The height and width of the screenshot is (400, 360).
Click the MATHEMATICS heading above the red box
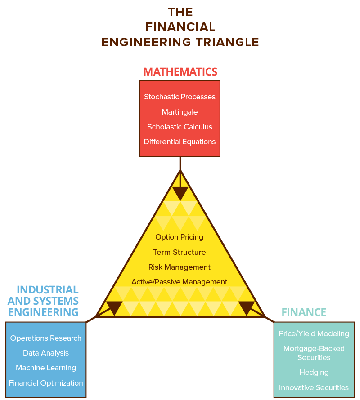pos(180,71)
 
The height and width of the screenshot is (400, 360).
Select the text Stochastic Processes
pos(180,97)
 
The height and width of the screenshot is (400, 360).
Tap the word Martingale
pos(180,112)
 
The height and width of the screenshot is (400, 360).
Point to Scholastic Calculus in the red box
pos(180,127)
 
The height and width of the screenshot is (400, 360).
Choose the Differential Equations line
pos(180,142)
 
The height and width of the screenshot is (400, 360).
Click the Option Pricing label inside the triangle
pos(179,237)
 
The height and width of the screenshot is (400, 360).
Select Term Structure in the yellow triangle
pos(179,252)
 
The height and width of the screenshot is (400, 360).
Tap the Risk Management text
pos(179,267)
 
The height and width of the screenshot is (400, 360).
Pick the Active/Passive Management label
pos(179,282)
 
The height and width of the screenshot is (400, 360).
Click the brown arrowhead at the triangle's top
pos(180,193)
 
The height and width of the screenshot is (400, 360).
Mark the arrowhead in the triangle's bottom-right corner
pos(247,307)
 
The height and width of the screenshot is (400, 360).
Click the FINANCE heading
pos(304,312)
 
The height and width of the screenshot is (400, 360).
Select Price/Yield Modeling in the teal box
pos(314,333)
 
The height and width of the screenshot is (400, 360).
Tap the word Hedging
pos(314,372)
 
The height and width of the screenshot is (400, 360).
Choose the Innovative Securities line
pos(314,387)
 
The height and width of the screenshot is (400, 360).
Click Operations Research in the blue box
pos(46,338)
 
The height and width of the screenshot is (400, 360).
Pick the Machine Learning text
pos(46,368)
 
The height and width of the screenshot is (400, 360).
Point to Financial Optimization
pos(46,383)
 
